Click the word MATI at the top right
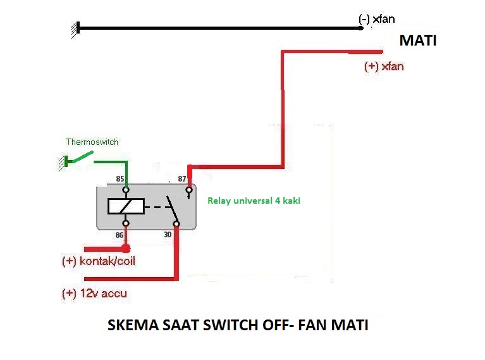pos(418,41)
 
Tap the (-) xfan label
pos(376,20)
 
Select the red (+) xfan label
pos(383,66)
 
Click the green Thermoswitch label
pos(92,142)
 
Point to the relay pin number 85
pos(120,180)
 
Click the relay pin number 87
pos(183,180)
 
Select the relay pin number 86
pos(119,235)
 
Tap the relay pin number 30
pos(168,235)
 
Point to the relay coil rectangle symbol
pos(125,206)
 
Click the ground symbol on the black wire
pos(75,29)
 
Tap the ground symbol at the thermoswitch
pos(62,163)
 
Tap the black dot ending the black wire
pos(360,28)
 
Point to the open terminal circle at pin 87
pos(188,189)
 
